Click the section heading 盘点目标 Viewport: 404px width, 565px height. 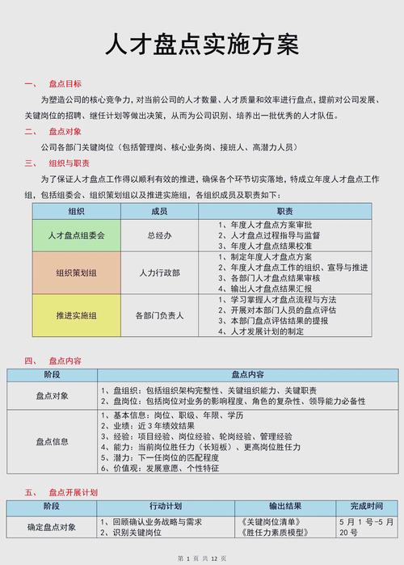(65, 84)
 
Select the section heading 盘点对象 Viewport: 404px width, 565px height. (65, 131)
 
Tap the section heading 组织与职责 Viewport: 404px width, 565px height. (69, 162)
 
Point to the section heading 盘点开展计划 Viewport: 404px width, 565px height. (73, 491)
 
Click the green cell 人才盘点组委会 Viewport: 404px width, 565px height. (77, 234)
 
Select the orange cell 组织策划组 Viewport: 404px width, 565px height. (77, 272)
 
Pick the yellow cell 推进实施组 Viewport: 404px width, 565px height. (77, 315)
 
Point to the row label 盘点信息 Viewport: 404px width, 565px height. (53, 441)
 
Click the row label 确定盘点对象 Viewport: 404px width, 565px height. (53, 527)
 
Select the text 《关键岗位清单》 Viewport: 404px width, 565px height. (263, 521)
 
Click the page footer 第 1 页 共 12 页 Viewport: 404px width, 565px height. (202, 559)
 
